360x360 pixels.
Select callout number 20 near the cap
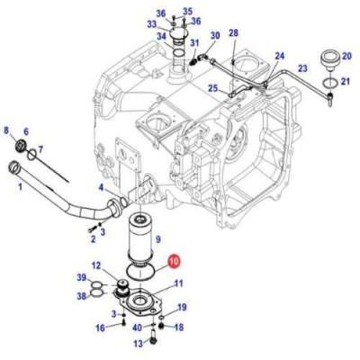pyautogui.click(x=346, y=56)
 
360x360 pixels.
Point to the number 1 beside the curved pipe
pyautogui.click(x=20, y=187)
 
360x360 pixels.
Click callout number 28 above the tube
pyautogui.click(x=233, y=33)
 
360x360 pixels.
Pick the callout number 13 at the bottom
pyautogui.click(x=139, y=343)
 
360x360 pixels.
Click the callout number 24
pyautogui.click(x=279, y=55)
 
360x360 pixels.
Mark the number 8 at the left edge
pyautogui.click(x=7, y=131)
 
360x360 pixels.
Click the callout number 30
pyautogui.click(x=214, y=36)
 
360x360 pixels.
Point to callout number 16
pyautogui.click(x=101, y=328)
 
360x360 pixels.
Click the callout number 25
pyautogui.click(x=212, y=88)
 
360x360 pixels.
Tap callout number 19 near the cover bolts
pyautogui.click(x=181, y=308)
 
